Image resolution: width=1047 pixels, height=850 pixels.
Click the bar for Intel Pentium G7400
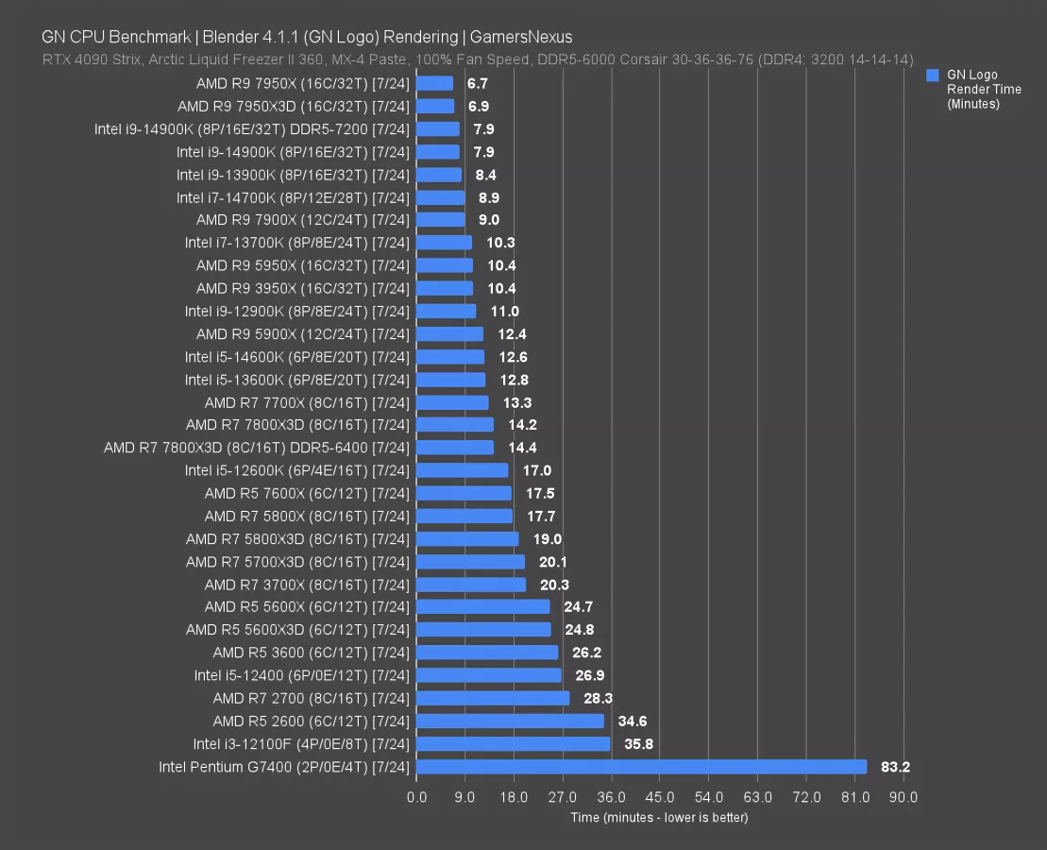tap(641, 767)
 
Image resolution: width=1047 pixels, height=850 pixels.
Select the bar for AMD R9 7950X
tap(434, 83)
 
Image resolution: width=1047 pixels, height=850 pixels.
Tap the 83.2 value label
tap(895, 767)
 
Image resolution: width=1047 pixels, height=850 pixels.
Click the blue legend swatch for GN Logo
tap(933, 75)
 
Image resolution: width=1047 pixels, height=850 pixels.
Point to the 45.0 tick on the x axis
tap(660, 797)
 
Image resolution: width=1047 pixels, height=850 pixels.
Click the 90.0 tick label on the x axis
tap(903, 797)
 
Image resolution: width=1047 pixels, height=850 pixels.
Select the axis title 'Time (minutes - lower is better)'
tap(659, 817)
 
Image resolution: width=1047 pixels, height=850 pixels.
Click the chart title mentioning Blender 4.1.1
tap(307, 37)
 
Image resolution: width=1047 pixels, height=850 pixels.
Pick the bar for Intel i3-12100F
tap(513, 743)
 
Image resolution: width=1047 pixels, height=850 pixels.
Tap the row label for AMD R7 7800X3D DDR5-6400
tap(256, 448)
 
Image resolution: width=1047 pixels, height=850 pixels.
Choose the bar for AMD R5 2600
tap(510, 721)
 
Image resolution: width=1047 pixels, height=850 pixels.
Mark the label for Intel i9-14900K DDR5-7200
tap(251, 128)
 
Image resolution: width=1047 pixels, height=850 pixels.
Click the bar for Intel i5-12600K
tap(462, 470)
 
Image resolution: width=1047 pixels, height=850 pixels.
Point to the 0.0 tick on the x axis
tap(416, 797)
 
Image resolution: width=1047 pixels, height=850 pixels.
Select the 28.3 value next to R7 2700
tap(597, 698)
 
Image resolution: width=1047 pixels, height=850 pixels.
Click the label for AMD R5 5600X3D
tap(297, 630)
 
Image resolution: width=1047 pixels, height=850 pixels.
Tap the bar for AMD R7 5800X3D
tap(467, 538)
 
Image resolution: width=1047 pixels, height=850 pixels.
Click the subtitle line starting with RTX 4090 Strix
tap(477, 59)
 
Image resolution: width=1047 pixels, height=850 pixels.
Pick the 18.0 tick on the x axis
tap(514, 797)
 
